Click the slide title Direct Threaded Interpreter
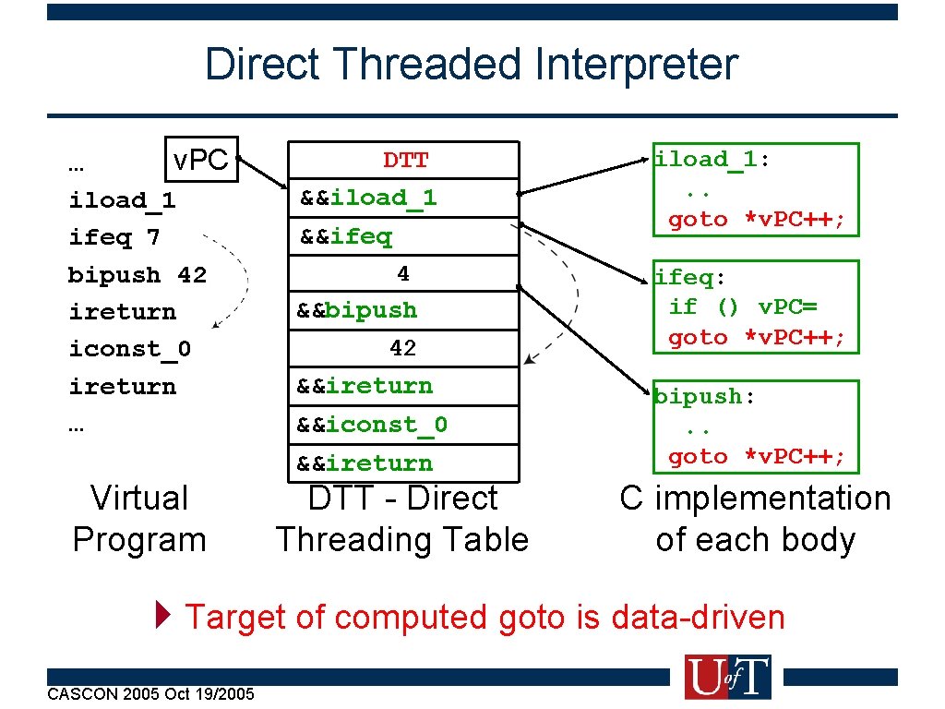(x=472, y=65)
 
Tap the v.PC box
(x=200, y=161)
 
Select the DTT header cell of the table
(x=404, y=161)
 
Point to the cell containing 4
(x=403, y=273)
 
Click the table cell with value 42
(x=403, y=348)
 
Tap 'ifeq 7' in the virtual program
(x=114, y=237)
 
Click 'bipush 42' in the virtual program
(x=138, y=275)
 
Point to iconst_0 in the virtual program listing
(x=130, y=349)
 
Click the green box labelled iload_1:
(x=755, y=189)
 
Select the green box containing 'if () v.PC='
(x=755, y=306)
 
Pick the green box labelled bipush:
(x=755, y=426)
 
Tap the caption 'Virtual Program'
(x=139, y=519)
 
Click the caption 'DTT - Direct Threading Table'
(x=402, y=519)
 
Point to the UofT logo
(x=727, y=677)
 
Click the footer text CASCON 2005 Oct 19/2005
(x=150, y=693)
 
